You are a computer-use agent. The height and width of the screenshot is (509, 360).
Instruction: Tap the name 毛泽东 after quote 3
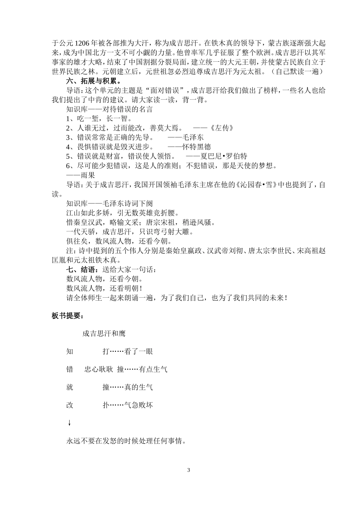point(193,137)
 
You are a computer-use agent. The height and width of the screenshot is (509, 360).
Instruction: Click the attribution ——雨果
point(81,175)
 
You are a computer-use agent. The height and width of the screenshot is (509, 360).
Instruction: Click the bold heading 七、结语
point(80,270)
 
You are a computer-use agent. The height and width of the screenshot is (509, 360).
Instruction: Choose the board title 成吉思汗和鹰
point(103,334)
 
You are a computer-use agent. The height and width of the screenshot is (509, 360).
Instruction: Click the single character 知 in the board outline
point(70,351)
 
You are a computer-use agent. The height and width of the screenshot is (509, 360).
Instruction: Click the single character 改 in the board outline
point(70,405)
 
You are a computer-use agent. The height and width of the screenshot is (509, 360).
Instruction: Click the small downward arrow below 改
point(69,423)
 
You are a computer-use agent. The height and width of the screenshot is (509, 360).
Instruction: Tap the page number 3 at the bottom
point(188,470)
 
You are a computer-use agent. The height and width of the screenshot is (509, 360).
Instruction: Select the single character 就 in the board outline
point(70,387)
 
